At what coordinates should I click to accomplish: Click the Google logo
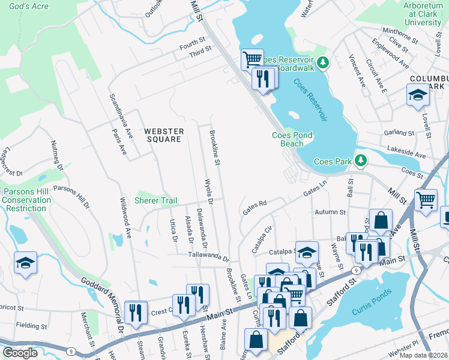20,353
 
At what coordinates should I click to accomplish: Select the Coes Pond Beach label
292,139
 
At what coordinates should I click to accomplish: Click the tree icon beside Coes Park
360,161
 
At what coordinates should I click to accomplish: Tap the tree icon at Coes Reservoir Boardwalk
323,62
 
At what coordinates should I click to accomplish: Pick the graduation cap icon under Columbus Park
417,95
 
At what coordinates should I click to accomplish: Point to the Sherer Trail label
155,200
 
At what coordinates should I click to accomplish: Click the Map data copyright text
424,355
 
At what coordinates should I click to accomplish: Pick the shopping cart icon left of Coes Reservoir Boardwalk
252,59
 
